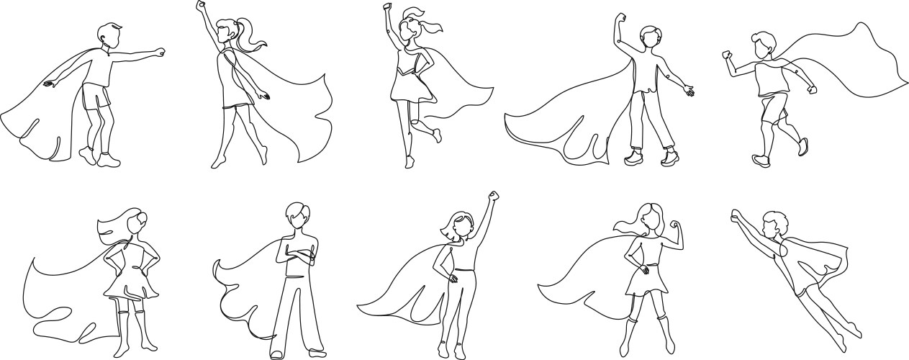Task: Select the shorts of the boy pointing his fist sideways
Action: pos(96,96)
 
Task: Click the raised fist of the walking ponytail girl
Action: pos(201,6)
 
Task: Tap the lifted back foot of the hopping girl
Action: pos(436,135)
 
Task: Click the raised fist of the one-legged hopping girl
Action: pos(388,8)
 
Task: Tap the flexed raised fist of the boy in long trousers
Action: pos(620,18)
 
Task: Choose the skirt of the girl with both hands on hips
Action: pos(132,283)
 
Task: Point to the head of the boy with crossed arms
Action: pos(297,216)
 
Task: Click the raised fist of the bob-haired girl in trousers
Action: pos(493,196)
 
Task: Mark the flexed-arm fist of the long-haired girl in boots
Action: pos(674,225)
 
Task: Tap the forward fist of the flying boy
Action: pos(736,214)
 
